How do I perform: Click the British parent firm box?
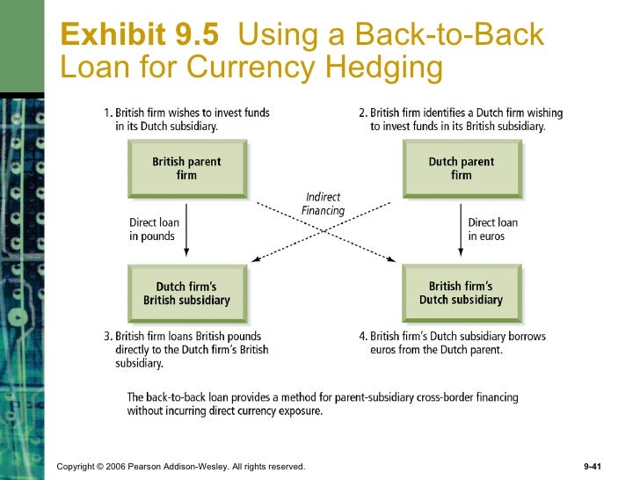click(x=186, y=169)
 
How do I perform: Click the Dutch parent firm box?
click(x=461, y=169)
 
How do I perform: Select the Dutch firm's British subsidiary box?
click(x=186, y=293)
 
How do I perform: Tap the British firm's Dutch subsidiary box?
click(x=461, y=293)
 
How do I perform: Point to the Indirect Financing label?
click(x=323, y=204)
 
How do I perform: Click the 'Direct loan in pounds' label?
click(x=154, y=229)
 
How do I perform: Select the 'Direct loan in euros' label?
click(x=492, y=229)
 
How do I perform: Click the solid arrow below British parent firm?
click(x=187, y=230)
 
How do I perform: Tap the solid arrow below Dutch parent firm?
click(x=461, y=230)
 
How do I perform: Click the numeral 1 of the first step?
click(x=106, y=113)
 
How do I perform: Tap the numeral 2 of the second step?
click(x=362, y=113)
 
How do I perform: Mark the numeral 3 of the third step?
click(x=106, y=337)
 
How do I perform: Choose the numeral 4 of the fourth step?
click(x=362, y=337)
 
